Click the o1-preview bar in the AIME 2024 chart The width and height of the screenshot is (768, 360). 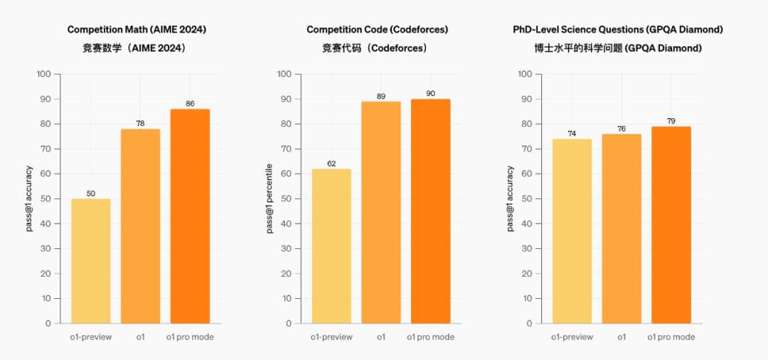(91, 260)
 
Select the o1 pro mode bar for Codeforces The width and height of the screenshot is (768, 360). (430, 211)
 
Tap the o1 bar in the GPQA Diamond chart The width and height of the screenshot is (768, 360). (622, 228)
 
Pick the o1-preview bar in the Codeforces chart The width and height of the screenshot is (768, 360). (331, 245)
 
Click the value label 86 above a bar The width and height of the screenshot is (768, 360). (190, 104)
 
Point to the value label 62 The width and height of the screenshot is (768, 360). (331, 164)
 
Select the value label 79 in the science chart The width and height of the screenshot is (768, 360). (671, 121)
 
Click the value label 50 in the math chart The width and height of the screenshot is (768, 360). (91, 194)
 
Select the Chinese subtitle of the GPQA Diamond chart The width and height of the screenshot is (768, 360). (618, 48)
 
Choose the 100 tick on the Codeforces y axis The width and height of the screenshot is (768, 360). (284, 74)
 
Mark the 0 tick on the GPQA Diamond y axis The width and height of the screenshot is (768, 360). (530, 323)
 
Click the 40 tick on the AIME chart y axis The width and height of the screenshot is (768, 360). (46, 223)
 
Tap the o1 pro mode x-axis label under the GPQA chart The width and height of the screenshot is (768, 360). (671, 337)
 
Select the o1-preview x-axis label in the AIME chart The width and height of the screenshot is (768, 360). (91, 337)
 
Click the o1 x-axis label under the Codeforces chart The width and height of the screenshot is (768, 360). (381, 337)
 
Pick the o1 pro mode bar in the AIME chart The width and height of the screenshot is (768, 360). (190, 216)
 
